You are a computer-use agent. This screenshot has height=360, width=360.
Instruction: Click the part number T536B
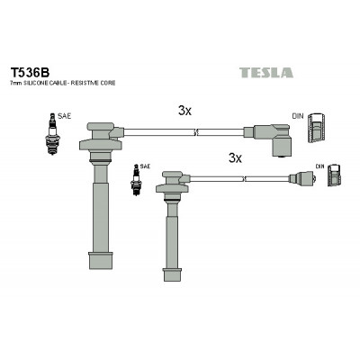click(30, 72)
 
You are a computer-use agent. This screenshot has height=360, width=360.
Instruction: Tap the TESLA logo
click(266, 73)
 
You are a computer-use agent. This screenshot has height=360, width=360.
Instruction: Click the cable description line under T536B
click(63, 83)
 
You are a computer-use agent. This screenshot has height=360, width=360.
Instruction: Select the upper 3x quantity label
click(184, 111)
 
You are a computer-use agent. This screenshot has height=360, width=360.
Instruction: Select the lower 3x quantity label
click(235, 157)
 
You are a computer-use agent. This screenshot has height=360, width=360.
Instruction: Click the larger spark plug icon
click(53, 134)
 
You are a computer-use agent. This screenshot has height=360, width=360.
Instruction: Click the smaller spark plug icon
click(136, 180)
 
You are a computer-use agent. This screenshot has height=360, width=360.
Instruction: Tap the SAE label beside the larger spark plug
click(64, 116)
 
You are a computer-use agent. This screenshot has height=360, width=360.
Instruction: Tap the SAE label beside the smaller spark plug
click(145, 166)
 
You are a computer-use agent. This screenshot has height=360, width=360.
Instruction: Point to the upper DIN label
click(298, 116)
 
